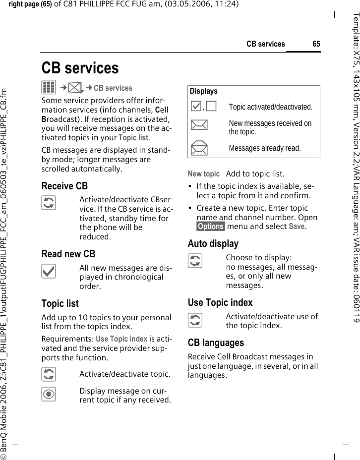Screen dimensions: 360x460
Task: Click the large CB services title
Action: coord(80,68)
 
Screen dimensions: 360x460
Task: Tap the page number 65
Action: coord(316,44)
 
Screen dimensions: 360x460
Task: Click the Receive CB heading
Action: coord(64,186)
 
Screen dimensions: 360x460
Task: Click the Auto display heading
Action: coord(213,244)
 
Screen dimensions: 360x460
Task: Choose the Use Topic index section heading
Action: coord(220,302)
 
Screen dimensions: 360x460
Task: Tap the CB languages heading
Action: coord(216,343)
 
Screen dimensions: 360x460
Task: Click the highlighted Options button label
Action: coord(210,227)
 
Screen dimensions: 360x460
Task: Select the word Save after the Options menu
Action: coord(297,227)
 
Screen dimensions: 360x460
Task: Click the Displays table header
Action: coord(203,91)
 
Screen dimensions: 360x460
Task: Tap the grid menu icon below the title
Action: coord(49,88)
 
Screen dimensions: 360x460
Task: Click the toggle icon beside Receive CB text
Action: coord(49,203)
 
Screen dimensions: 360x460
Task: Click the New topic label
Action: coord(203,174)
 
